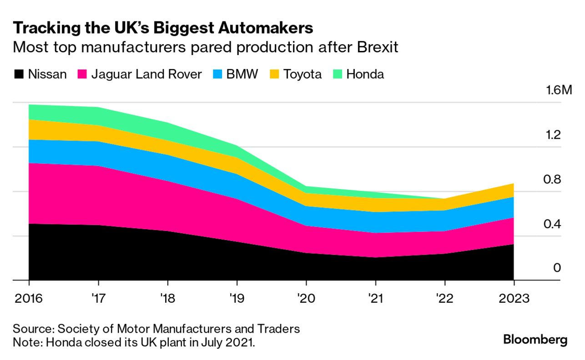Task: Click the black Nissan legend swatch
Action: click(x=19, y=74)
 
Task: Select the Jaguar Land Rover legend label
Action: click(x=146, y=74)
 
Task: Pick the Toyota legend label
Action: click(x=303, y=74)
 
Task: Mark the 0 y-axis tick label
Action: click(x=557, y=268)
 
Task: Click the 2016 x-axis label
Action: click(x=29, y=299)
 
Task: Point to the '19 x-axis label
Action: click(x=237, y=299)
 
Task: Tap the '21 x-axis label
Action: click(x=375, y=299)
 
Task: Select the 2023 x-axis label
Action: click(x=514, y=299)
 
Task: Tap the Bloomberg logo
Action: click(x=535, y=340)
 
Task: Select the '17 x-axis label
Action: click(x=98, y=299)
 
